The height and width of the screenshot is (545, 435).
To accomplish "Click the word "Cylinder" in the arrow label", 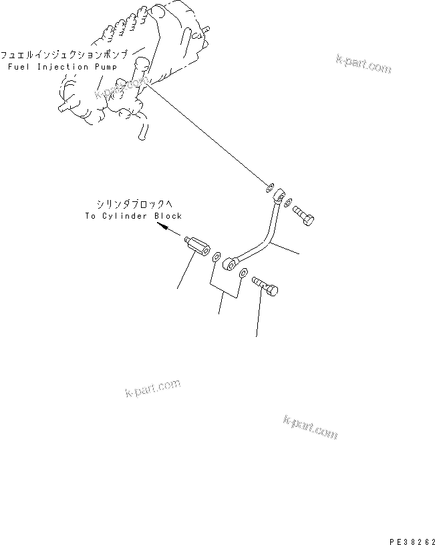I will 128,216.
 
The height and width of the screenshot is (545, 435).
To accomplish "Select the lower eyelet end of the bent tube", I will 230,264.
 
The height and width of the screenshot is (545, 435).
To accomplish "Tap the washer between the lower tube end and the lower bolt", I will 244,273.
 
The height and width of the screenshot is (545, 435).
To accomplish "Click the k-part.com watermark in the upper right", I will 364,63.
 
